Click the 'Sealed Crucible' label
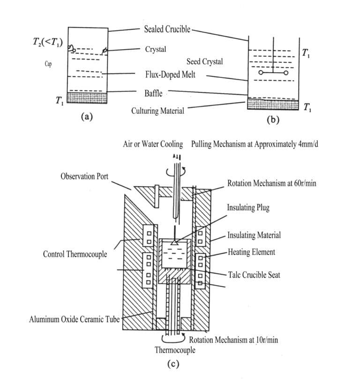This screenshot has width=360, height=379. tap(168, 29)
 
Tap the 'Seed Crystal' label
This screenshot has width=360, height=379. tap(204, 61)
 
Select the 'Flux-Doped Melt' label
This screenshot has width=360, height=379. tap(170, 75)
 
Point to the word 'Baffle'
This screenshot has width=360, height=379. tap(153, 93)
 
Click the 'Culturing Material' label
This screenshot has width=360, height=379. tap(157, 111)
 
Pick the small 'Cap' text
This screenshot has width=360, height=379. tap(48, 64)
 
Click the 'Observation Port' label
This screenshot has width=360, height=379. tap(84, 176)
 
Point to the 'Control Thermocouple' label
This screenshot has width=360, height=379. tap(75, 254)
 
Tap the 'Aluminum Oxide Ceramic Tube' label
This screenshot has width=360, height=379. tap(74, 320)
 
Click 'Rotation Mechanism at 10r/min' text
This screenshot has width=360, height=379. tap(233, 340)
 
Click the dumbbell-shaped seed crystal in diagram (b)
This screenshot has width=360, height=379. tap(273, 74)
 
